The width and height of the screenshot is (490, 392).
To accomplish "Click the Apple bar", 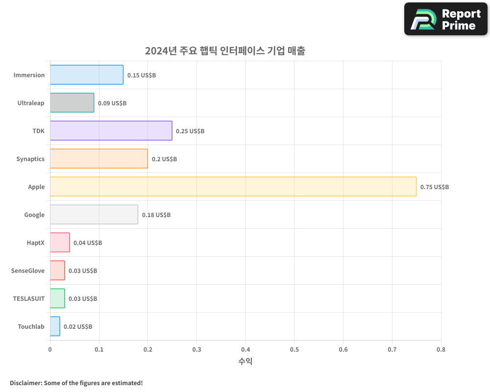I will point(233,187).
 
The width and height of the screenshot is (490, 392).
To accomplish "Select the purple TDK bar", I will point(111,131).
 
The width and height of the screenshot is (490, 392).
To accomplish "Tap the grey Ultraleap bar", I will point(72,103).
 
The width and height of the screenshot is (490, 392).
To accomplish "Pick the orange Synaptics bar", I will point(99,159).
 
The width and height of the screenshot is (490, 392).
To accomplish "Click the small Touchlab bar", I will point(55,326).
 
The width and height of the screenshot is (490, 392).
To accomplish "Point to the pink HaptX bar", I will point(60,243).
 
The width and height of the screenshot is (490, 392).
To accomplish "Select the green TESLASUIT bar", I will point(57,298).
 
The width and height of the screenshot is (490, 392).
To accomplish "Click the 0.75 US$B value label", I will point(434,187).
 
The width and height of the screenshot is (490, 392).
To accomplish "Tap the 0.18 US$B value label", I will point(156,215).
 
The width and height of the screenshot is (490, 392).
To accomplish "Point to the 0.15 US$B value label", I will point(142,75).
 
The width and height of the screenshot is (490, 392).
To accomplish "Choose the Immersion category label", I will point(29,75).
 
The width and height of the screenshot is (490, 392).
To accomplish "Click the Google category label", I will point(34,215).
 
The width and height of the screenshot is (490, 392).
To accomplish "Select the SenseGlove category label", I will point(27,270).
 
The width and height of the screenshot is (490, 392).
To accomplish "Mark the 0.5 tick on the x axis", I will point(294,349).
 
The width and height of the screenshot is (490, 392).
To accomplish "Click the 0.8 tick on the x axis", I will point(441,349).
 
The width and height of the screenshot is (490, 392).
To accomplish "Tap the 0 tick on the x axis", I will point(50,349).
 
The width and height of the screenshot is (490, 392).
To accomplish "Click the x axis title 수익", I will point(245,362).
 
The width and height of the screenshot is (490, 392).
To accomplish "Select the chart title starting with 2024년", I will point(225,51).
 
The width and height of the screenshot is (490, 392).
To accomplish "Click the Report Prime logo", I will point(446,19).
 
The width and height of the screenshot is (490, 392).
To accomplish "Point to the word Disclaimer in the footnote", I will point(25,383).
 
